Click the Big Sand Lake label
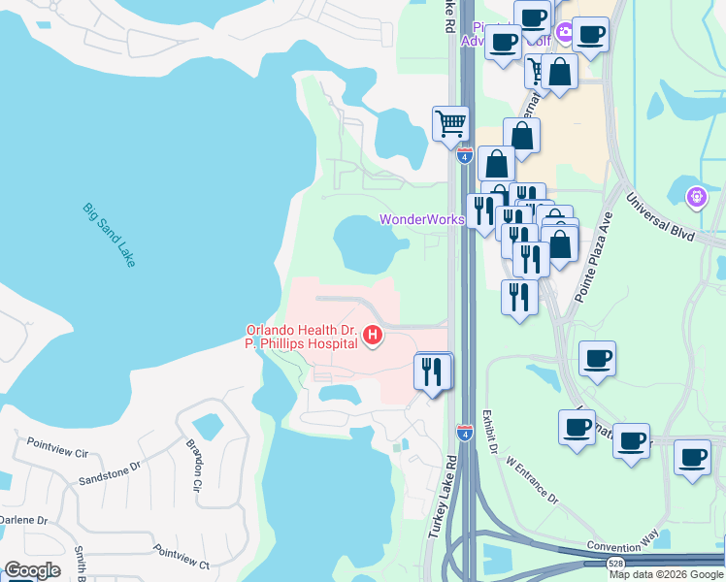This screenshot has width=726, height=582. click(x=109, y=237)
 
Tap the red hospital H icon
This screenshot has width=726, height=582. click(x=372, y=337)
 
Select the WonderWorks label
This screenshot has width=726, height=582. click(x=421, y=219)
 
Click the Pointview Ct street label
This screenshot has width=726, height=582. click(x=181, y=557)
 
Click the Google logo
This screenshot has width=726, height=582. click(x=32, y=570)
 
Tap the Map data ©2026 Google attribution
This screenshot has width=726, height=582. click(x=666, y=574)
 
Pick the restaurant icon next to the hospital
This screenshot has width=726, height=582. click(x=433, y=370)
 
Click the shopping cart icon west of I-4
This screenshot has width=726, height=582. click(x=450, y=123)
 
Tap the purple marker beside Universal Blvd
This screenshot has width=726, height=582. click(x=695, y=198)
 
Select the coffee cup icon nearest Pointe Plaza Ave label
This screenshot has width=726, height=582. click(x=597, y=358)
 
